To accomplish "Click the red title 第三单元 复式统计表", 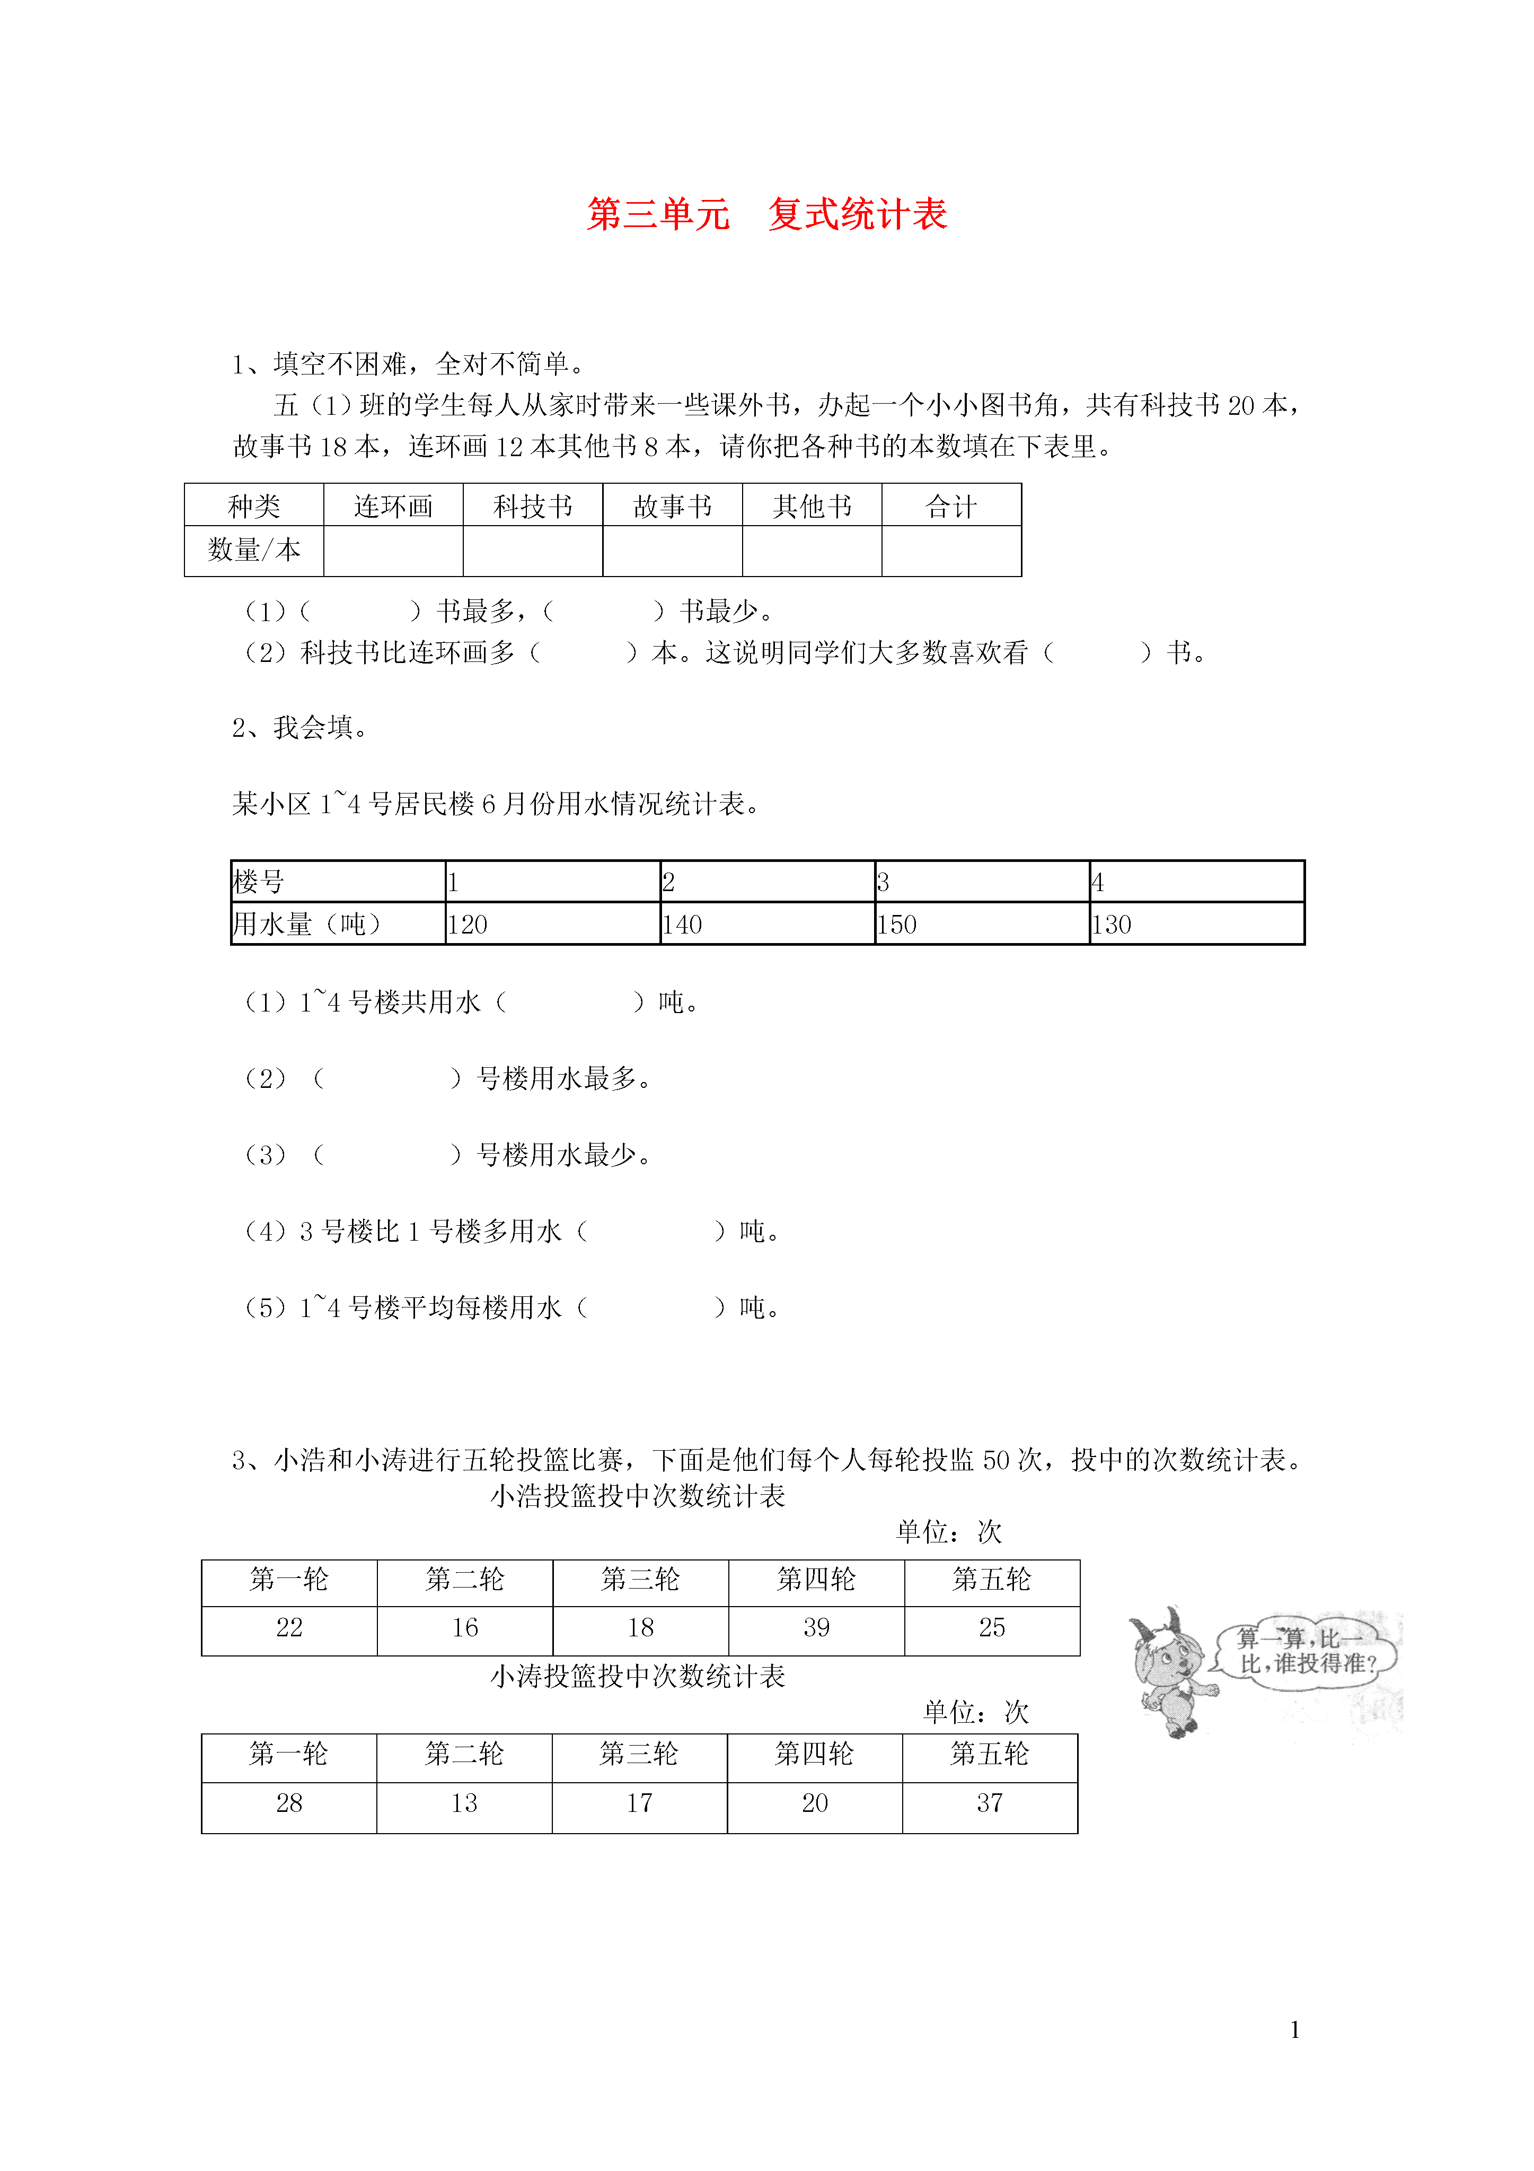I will tap(766, 215).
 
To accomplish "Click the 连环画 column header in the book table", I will tap(393, 506).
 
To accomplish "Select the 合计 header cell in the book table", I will tap(951, 506).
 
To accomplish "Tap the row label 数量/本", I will tap(253, 550).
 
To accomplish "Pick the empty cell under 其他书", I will tap(812, 551).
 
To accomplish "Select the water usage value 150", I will tap(897, 924).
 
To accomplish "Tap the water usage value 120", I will tap(468, 924).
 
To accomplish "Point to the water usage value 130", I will tap(1112, 924).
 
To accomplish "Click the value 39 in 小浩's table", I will tap(816, 1627).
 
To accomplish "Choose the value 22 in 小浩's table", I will tap(289, 1627).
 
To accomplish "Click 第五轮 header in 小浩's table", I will tap(991, 1579).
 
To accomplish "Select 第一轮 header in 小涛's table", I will tap(288, 1754).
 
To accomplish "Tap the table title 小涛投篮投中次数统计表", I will tap(638, 1677).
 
